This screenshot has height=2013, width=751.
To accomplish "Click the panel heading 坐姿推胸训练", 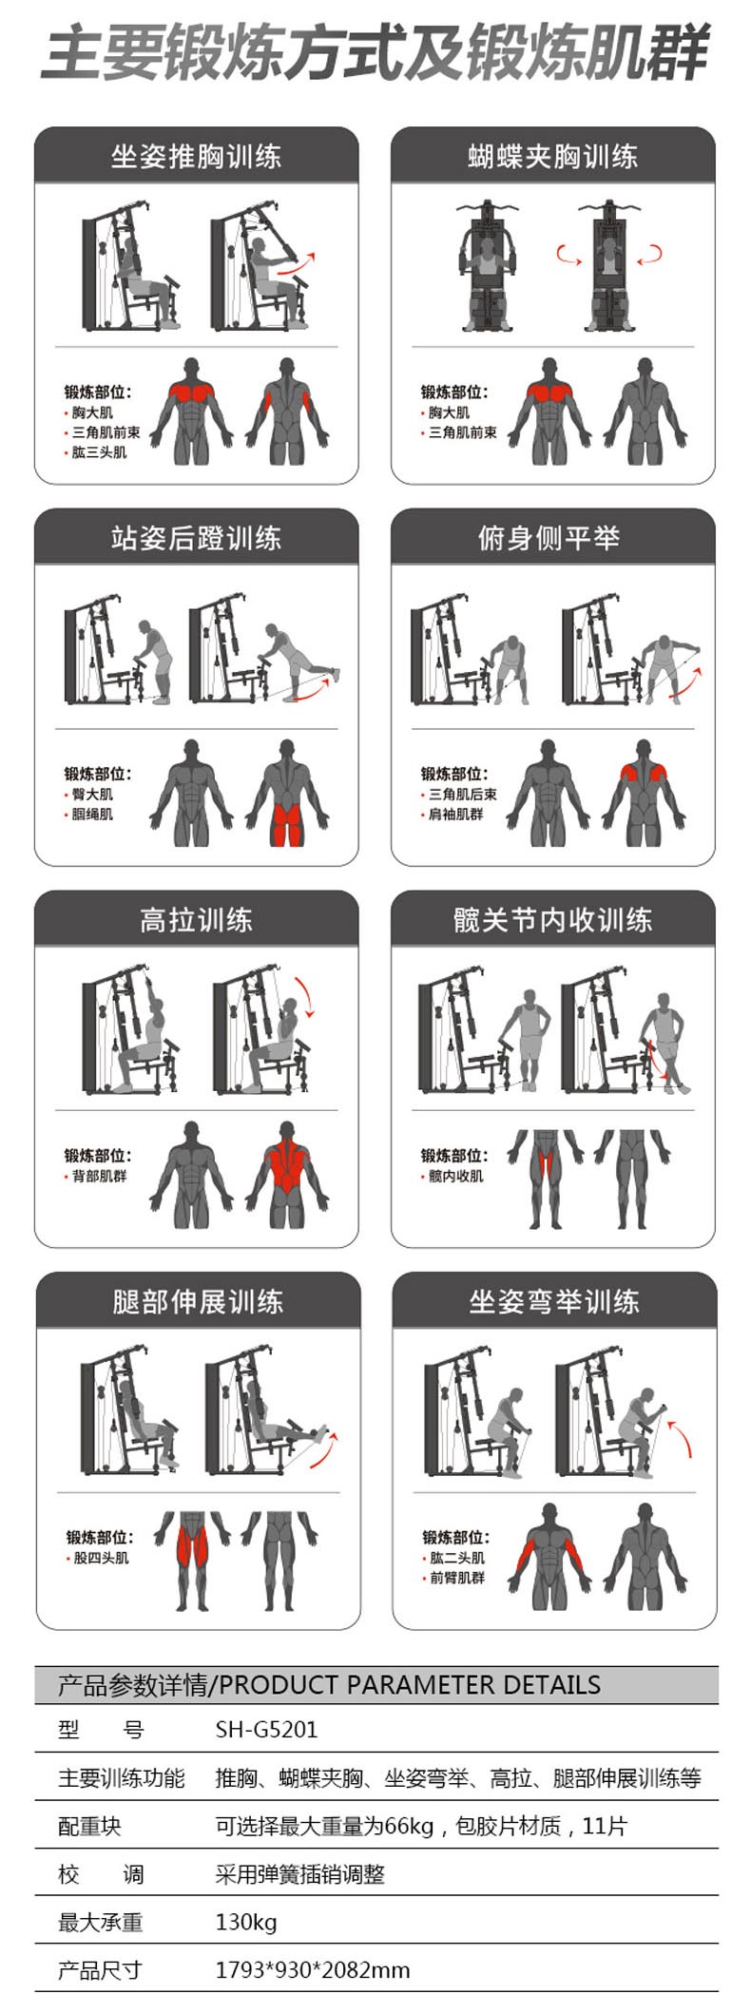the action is point(196,157).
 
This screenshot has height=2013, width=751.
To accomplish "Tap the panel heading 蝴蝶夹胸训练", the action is point(552,157).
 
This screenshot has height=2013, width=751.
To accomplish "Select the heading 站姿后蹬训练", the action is point(196,538).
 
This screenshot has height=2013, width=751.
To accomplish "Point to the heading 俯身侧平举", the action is point(549,538).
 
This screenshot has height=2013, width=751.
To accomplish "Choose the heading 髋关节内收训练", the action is point(552,920).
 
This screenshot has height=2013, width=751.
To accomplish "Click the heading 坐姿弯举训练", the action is point(554,1301).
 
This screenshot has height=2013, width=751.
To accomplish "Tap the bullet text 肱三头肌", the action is point(100,452).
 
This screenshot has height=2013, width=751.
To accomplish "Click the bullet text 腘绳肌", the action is point(92,815).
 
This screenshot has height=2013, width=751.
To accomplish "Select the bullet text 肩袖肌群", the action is point(456,815).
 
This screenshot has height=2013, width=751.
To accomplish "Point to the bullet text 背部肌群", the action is point(100,1177).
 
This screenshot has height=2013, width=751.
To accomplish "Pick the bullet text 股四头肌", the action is point(102,1558).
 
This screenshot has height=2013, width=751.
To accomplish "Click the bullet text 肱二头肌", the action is point(457,1558).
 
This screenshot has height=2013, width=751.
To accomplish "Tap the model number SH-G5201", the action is point(266,1729).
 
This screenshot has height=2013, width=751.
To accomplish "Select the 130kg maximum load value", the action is point(246,1922).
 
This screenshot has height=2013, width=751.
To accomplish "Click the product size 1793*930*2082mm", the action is point(313,1970).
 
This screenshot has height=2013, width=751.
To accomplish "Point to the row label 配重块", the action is point(89,1826).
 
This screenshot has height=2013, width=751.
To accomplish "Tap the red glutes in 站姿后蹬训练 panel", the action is point(287,823).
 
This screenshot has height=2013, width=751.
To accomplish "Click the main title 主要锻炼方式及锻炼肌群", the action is point(376,52).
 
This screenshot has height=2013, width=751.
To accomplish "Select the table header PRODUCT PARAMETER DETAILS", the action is point(410,1685).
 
